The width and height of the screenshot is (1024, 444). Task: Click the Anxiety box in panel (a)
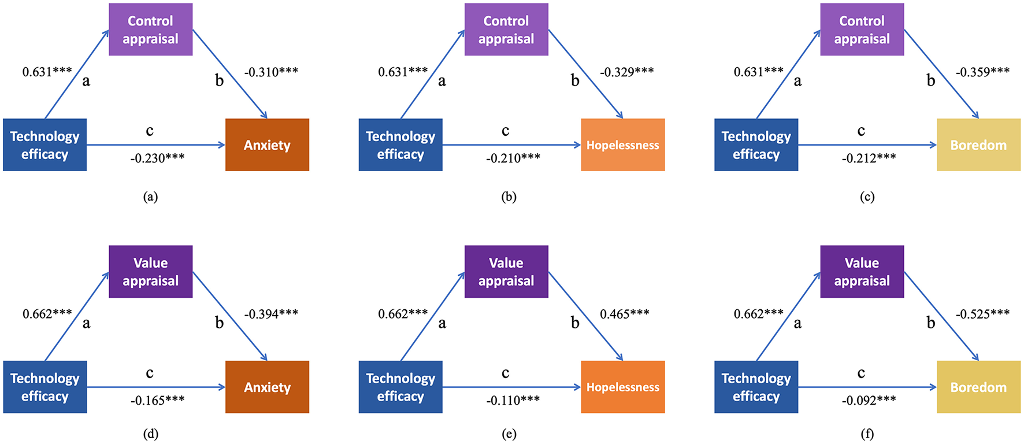coord(267,145)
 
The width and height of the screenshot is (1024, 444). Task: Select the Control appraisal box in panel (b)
coord(506,29)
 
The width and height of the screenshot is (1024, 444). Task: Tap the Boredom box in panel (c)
coord(978,145)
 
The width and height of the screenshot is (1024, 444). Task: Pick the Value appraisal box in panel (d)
coord(150,272)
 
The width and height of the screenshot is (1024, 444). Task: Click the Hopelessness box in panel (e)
coord(622,387)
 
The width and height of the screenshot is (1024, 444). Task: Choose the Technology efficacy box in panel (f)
coord(756,387)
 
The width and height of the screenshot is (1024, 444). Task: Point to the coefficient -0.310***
coord(271,72)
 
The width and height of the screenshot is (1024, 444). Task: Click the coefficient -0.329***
coord(626,72)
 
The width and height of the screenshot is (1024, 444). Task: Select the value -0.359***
coord(982,72)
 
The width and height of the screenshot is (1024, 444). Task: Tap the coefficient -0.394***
coord(271,314)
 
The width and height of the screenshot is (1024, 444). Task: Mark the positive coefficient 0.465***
coord(624,314)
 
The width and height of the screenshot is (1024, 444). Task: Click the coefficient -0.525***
coord(982,314)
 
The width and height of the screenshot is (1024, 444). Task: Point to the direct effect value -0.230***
coord(157,158)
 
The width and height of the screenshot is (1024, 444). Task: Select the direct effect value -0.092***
coord(869,400)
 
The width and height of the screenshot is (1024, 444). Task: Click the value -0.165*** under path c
coord(157,400)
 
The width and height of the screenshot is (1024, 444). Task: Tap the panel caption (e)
coord(509,434)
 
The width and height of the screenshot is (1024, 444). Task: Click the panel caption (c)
coord(867,197)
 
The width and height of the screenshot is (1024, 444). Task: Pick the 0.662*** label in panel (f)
coord(758,314)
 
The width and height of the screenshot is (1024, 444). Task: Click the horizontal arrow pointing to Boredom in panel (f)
coord(867,387)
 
